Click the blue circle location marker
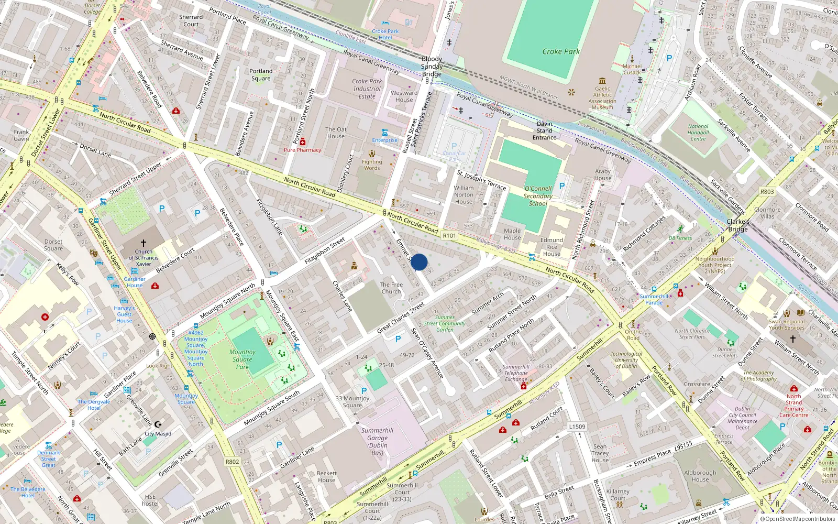(419, 262)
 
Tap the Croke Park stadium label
(561, 51)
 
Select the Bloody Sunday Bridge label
(432, 67)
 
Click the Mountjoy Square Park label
(242, 359)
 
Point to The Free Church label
(391, 288)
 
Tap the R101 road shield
(449, 236)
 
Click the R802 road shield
(232, 462)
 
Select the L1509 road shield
(577, 427)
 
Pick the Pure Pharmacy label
(302, 150)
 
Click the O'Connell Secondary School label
(538, 196)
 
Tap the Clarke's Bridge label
(737, 225)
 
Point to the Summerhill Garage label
(377, 442)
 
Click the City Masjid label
(158, 434)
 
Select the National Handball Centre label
(698, 133)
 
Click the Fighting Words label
(372, 165)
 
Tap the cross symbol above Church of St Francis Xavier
(144, 243)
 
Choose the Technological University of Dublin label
(626, 360)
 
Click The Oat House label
(336, 133)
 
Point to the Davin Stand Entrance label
(545, 130)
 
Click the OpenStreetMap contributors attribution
(798, 519)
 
